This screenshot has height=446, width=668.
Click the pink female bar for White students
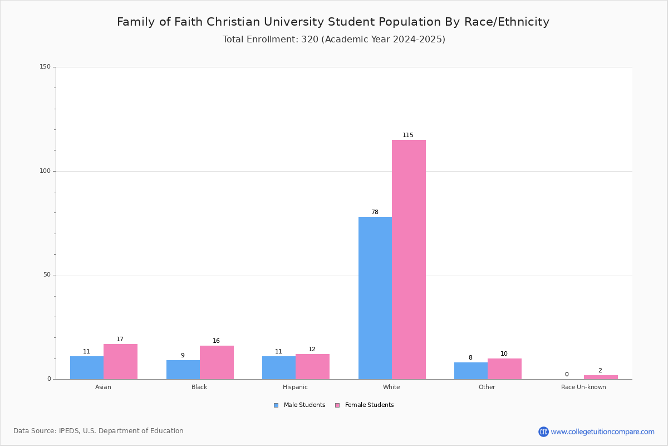point(409,260)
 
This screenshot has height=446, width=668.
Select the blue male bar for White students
point(375,298)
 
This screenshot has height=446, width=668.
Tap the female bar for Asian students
point(120,362)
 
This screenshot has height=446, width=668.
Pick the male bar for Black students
point(183,370)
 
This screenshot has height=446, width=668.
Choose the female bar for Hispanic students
point(312,367)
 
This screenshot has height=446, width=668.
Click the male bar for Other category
point(471,371)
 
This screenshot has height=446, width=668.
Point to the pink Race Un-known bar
point(601,377)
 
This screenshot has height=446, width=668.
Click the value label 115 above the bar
point(408,135)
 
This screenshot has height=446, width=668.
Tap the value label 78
point(375,212)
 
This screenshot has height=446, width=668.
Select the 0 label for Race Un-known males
point(567,374)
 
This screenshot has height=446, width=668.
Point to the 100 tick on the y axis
point(45,171)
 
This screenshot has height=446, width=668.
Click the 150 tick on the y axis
point(45,66)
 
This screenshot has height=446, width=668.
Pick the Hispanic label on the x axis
point(295,387)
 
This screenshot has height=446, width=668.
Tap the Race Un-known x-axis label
point(583,387)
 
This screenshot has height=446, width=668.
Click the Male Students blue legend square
point(276,405)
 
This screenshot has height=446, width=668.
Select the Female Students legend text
point(370,405)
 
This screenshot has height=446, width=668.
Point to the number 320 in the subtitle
point(310,40)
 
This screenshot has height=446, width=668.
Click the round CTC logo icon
point(543,432)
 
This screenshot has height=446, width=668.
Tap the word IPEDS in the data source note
point(69,431)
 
